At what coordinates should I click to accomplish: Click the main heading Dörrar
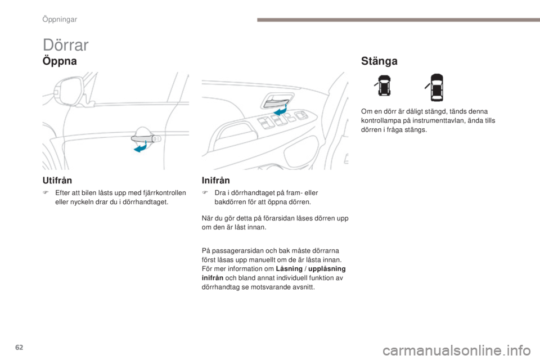click(x=65, y=44)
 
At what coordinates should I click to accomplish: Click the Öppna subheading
click(x=59, y=61)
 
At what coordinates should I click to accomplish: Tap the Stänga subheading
click(x=379, y=61)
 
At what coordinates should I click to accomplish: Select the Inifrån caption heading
click(x=216, y=180)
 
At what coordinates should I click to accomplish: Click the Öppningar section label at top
click(x=59, y=19)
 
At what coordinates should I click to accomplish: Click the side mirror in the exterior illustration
click(x=67, y=90)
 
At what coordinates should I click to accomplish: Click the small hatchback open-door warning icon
click(x=383, y=87)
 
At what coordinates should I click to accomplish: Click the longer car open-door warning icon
click(x=436, y=87)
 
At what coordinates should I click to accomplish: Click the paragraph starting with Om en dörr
click(x=427, y=120)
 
